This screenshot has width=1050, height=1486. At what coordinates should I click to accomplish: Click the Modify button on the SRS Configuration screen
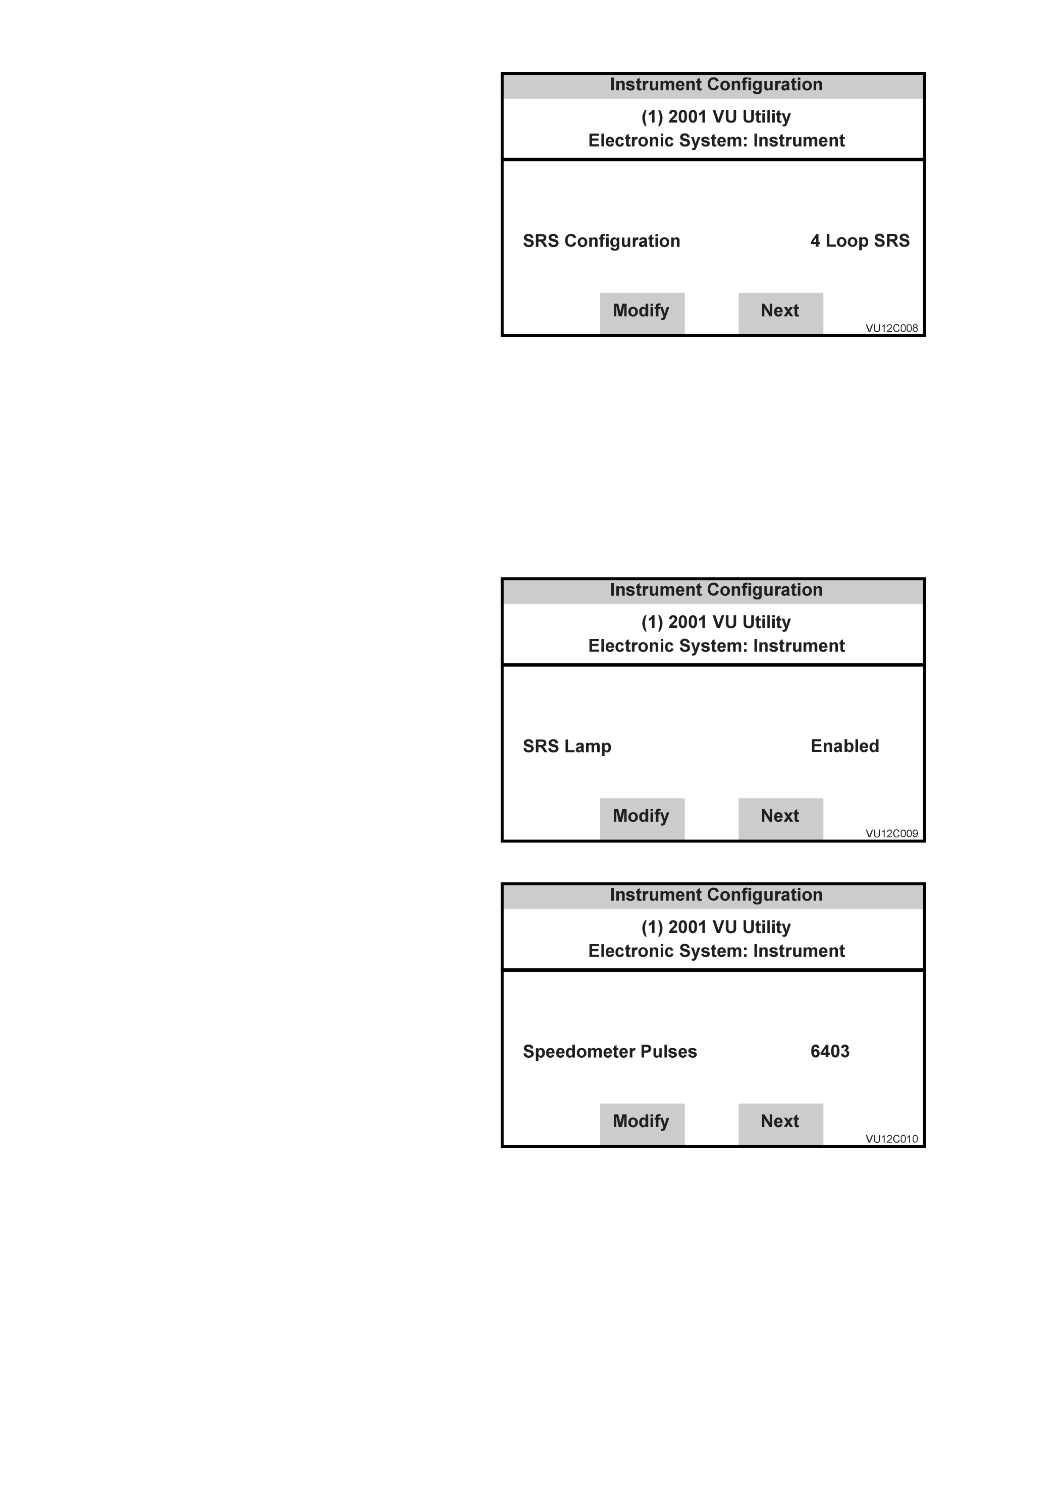click(642, 313)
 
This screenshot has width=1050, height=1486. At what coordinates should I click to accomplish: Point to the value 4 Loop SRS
click(860, 241)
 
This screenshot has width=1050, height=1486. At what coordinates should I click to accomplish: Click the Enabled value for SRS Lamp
click(844, 746)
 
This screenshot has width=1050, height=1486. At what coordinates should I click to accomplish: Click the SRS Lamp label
click(567, 747)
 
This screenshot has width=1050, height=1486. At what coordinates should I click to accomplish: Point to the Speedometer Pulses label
click(609, 1052)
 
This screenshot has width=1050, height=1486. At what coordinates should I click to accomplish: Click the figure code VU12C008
click(892, 328)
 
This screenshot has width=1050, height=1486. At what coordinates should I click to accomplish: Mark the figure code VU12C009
click(892, 834)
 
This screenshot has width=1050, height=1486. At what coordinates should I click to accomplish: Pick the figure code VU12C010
click(892, 1139)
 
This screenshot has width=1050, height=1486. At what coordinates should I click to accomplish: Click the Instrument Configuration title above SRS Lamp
click(716, 590)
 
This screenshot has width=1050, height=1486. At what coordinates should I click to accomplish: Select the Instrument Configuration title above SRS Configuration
click(716, 85)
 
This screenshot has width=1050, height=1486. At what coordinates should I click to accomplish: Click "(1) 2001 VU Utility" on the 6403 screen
click(716, 927)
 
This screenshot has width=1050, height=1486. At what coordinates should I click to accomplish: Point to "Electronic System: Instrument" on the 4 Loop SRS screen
click(716, 141)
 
